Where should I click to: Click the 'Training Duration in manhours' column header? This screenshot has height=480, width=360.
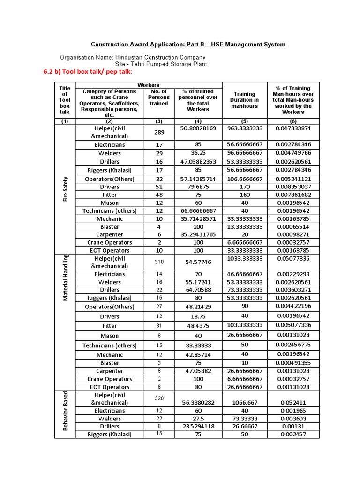[244, 100]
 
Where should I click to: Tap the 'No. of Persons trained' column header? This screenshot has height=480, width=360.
[159, 97]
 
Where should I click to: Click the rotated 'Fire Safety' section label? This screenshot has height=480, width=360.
[65, 189]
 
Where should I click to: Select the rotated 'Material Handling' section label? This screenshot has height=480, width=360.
[65, 277]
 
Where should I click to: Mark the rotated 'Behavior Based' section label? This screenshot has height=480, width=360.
[65, 411]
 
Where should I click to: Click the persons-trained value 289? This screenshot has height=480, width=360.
[159, 132]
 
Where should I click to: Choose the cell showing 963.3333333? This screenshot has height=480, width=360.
[244, 128]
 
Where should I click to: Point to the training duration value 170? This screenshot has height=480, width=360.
[244, 187]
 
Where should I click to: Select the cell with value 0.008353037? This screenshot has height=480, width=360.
[293, 187]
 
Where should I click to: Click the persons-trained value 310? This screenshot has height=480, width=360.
[159, 262]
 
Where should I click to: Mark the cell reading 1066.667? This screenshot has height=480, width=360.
[244, 402]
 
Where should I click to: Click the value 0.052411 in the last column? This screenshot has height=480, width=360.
[293, 402]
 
